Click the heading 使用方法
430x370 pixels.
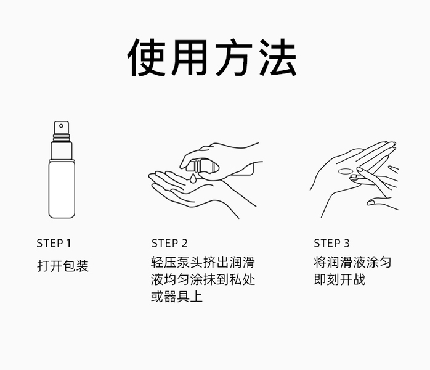[212, 57]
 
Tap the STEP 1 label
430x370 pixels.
[54, 243]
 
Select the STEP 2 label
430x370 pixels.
[169, 243]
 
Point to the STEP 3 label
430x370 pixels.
[332, 243]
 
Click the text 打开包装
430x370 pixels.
[63, 266]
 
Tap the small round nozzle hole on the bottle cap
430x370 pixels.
[62, 126]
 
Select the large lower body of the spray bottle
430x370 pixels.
[62, 189]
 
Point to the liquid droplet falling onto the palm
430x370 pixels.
[192, 178]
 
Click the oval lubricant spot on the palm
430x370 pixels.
[346, 171]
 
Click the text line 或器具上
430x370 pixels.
[177, 297]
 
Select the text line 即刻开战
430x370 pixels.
[340, 279]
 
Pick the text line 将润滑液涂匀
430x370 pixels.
[352, 262]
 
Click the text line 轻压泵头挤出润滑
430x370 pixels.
[203, 262]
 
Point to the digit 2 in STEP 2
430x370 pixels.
[185, 243]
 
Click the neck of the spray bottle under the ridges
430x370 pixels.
[62, 150]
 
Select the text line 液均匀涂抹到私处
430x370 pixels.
[203, 279]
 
